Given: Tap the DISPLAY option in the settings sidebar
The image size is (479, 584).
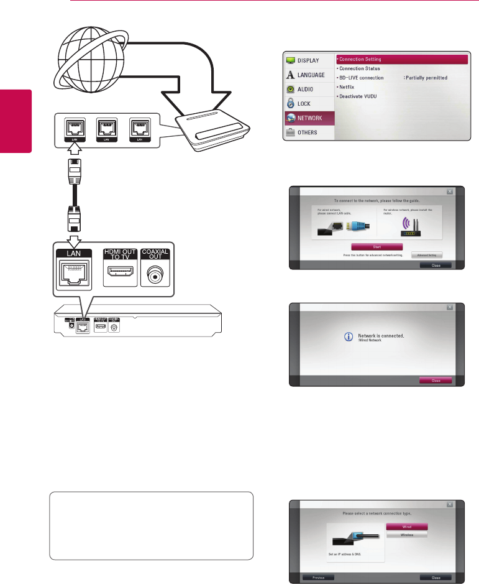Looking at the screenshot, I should (x=307, y=61).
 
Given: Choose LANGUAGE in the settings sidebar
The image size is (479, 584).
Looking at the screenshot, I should (x=307, y=75).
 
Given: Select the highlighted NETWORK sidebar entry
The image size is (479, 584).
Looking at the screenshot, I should (x=307, y=118).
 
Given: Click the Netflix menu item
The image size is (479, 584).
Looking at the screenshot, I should (x=348, y=87).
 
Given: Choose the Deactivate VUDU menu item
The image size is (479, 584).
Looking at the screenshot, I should (x=357, y=96).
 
